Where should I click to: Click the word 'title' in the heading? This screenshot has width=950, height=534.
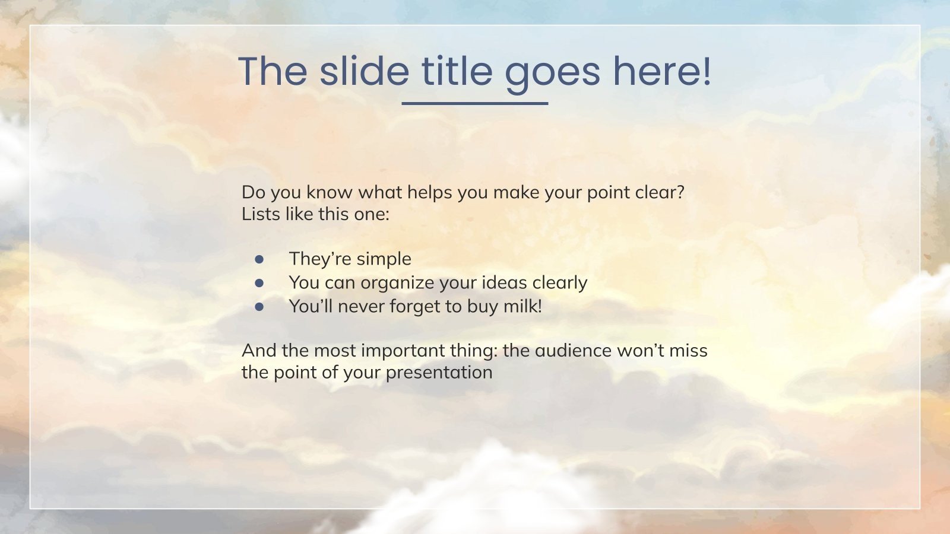(457, 71)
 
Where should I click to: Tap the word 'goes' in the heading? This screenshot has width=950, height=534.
(552, 72)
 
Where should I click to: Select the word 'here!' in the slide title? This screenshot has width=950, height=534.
(661, 71)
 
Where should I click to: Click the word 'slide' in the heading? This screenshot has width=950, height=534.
(364, 71)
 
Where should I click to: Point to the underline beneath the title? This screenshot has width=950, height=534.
(474, 103)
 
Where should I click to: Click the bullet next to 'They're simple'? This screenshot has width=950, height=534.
(259, 259)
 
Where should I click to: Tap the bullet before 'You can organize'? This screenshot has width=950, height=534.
(259, 283)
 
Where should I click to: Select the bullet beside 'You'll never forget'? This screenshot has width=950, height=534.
(259, 307)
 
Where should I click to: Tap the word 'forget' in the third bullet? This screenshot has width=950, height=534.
(414, 306)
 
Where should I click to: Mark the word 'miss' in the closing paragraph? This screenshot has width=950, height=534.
(688, 351)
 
